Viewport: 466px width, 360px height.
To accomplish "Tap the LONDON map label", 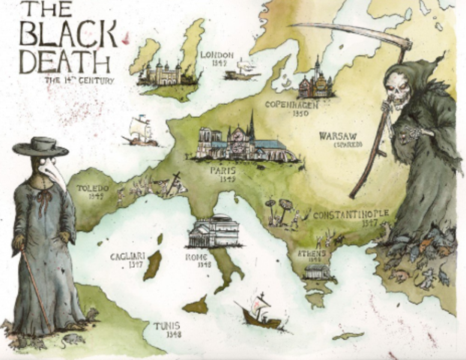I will coord(218,55).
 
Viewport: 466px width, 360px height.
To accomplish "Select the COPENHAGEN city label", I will coord(293,106).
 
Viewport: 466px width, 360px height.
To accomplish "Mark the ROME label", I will coord(198,255).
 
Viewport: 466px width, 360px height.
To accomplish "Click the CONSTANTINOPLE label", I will coord(350,214).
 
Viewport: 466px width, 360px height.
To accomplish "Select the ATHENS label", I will coord(311,253).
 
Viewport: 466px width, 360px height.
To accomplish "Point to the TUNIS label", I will coord(166,326).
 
